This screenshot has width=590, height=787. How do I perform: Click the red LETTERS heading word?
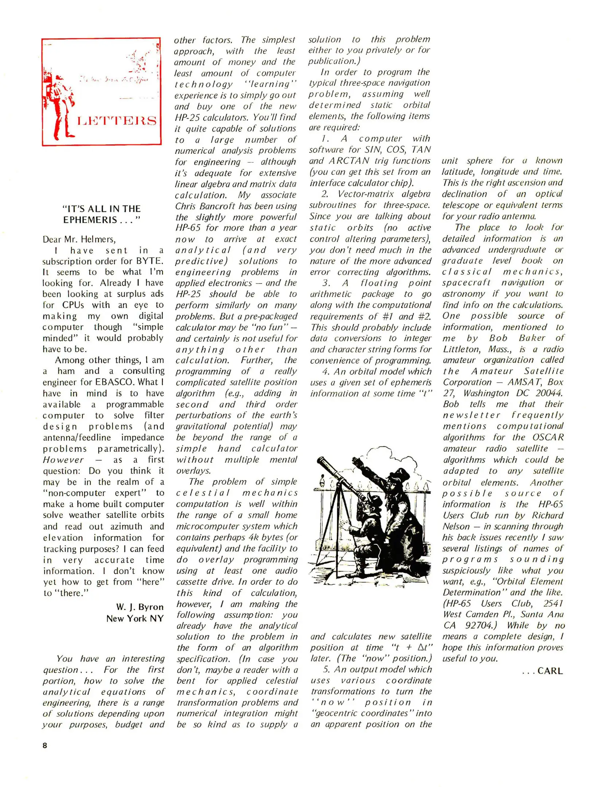pos(117,121)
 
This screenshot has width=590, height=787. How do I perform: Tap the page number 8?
pos(45,745)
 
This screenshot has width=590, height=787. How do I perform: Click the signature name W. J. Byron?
pos(140,607)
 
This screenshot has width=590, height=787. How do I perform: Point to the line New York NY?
pos(135,618)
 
